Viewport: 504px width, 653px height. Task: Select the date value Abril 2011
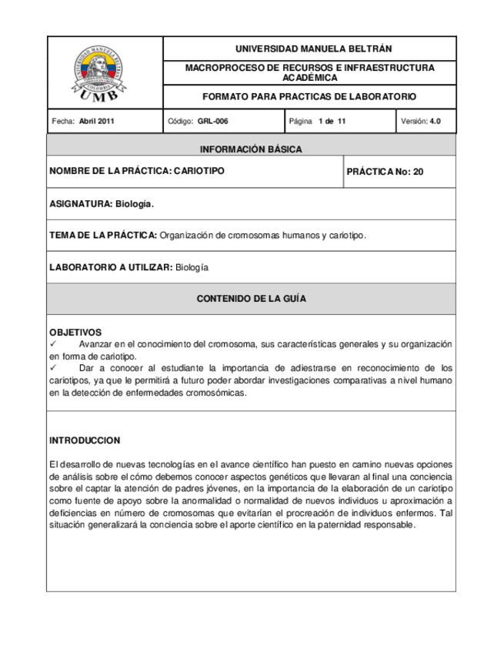point(97,121)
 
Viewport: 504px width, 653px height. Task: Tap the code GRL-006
point(212,121)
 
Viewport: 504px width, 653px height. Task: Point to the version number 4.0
point(435,121)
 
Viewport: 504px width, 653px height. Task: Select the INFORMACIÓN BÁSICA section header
point(251,149)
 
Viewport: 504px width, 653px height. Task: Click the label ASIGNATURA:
point(81,205)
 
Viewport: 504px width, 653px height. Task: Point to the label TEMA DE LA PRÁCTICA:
point(103,235)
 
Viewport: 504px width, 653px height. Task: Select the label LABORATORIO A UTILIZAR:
point(111,267)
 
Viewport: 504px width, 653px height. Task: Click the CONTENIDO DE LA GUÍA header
point(251,298)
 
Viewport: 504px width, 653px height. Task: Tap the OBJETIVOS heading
point(75,333)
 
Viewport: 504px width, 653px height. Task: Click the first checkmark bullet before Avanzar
point(53,343)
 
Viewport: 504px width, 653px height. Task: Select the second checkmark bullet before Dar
point(53,368)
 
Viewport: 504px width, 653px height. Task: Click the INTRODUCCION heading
point(85,440)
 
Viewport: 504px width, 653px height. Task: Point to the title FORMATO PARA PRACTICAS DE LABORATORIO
point(309,97)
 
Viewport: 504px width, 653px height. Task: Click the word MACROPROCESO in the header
point(222,68)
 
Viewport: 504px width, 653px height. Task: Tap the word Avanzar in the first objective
point(96,343)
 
